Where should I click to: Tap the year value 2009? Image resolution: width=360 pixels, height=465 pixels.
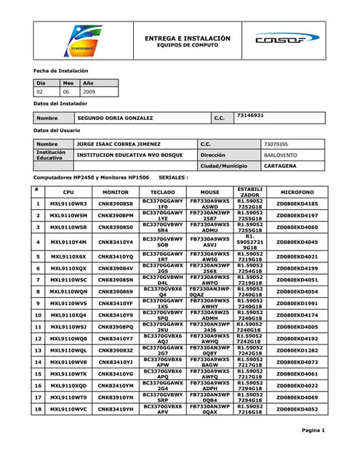[89, 92]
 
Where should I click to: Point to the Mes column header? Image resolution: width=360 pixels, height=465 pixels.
[68, 83]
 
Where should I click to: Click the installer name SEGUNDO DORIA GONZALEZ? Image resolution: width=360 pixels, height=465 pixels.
[115, 118]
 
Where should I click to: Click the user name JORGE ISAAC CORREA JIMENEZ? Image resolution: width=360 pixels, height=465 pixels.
[119, 145]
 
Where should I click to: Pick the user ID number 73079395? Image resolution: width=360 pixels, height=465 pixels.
[276, 145]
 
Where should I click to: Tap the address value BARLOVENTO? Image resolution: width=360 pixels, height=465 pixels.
[280, 155]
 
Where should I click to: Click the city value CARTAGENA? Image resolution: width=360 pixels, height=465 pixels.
[280, 166]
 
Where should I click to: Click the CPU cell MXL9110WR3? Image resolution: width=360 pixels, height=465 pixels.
[68, 204]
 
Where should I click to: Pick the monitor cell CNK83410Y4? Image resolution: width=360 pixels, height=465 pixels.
[116, 242]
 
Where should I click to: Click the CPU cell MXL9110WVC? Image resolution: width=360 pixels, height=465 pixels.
[68, 409]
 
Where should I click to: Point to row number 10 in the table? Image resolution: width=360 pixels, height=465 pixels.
[36, 315]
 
